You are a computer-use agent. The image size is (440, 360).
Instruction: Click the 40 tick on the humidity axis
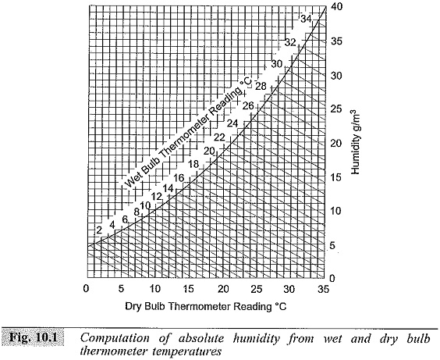pos(335,6)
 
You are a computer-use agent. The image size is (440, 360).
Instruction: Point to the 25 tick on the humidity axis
pos(335,109)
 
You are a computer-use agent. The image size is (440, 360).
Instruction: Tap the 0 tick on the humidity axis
pos(332,278)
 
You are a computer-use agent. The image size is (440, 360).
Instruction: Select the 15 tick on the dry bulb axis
pos(189,289)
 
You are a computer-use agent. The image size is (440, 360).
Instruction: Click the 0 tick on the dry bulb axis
pos(87,289)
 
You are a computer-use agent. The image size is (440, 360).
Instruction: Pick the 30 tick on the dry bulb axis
pos(289,289)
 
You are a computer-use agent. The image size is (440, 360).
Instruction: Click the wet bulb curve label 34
pos(306,19)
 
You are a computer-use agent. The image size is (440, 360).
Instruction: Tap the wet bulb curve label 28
pos(261,86)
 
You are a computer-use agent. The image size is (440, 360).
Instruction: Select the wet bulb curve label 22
pos(219,137)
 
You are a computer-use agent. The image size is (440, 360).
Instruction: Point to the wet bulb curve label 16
pos(179,178)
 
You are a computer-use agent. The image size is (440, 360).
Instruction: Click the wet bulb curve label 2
pos(99,230)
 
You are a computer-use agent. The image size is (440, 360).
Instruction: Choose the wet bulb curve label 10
pos(145,206)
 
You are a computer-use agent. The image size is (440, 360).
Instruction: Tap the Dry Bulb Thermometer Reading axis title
pos(206,306)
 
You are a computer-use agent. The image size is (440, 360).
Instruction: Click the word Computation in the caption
pos(115,339)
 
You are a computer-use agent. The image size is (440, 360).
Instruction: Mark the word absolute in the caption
pos(201,338)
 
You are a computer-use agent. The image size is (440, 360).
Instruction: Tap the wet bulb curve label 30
pos(276,64)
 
